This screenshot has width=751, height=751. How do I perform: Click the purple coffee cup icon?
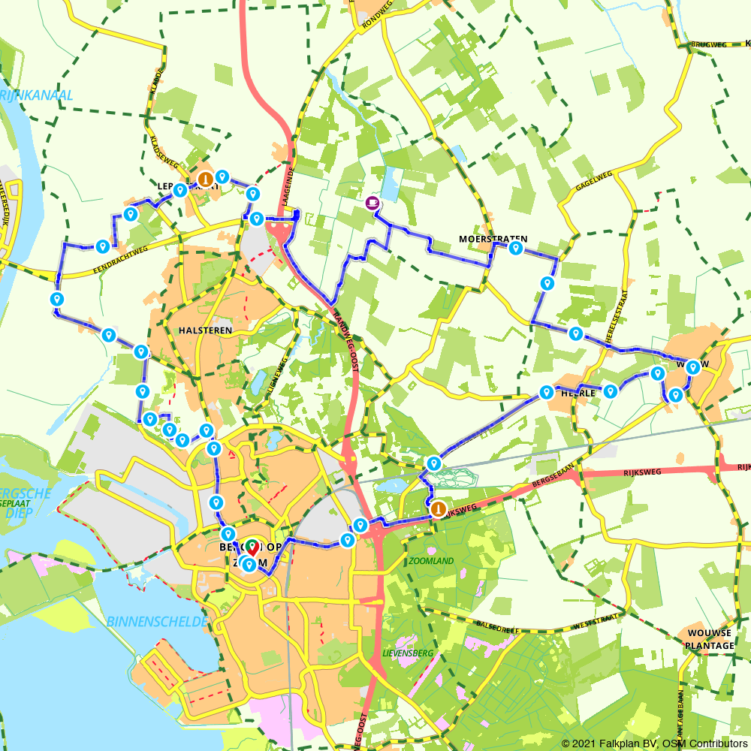point(372,202)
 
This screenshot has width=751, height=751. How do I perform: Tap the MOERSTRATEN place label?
point(493,239)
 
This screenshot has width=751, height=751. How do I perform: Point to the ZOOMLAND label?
point(432,561)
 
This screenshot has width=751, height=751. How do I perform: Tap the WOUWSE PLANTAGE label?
point(710,639)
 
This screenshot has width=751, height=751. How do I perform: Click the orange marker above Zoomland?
point(437,509)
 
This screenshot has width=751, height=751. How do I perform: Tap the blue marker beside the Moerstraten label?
point(516,248)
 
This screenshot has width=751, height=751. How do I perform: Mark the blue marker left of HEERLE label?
point(547,392)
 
